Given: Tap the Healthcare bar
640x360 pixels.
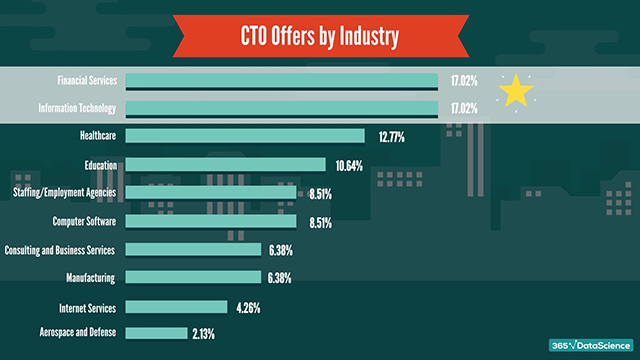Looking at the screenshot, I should click(245, 136).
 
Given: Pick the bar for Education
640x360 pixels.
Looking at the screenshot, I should click(226, 164).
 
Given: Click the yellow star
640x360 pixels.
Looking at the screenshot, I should click(516, 91).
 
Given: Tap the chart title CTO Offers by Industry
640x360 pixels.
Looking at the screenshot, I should click(320, 37).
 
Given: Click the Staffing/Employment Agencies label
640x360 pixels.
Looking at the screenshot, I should click(65, 192).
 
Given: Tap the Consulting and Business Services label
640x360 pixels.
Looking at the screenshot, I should click(61, 249).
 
